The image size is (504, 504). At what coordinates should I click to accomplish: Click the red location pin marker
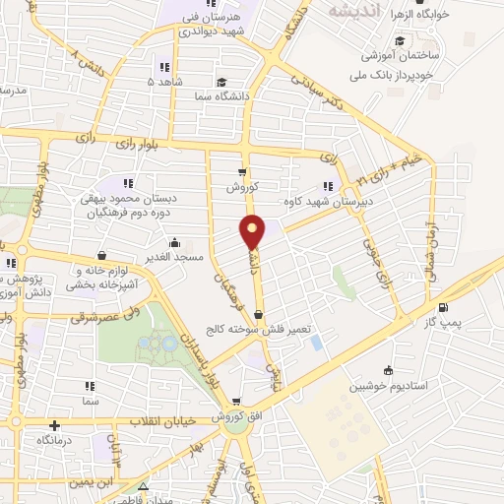point(254,232)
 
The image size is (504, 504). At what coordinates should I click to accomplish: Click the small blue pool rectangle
point(315,343)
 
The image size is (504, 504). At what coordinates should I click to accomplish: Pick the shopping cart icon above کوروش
point(242,169)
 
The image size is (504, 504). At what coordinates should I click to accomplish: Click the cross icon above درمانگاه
point(54,427)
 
